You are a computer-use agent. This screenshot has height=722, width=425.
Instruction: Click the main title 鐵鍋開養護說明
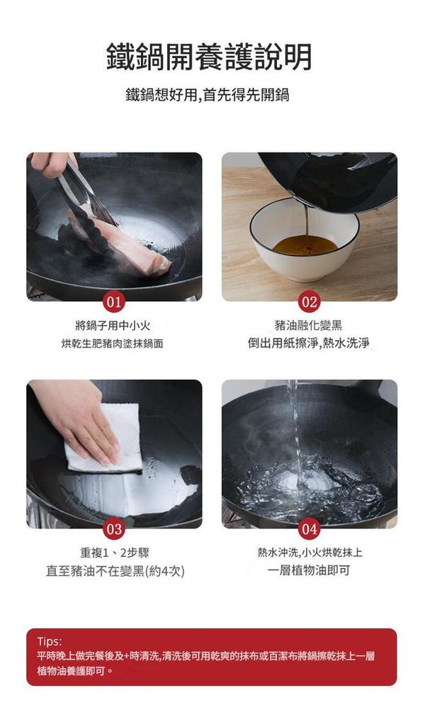209,57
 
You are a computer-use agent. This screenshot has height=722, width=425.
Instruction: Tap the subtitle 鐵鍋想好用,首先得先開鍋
208,95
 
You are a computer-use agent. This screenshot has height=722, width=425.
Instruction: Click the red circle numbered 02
309,302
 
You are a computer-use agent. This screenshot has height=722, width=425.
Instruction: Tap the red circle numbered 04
309,529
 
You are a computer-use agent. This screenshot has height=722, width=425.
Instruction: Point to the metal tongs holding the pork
85,194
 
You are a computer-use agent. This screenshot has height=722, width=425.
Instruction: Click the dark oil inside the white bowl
305,245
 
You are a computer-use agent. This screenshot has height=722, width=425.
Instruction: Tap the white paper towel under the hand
104,438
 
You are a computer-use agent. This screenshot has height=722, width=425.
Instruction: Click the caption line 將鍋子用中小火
113,326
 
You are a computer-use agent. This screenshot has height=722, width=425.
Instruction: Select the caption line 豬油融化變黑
309,326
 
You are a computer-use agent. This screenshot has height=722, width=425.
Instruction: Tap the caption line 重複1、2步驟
115,552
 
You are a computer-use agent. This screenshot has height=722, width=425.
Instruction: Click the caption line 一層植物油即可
309,570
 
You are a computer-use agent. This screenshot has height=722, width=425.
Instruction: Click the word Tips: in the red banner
49,641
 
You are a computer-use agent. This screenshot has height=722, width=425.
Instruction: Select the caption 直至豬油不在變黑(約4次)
115,571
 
